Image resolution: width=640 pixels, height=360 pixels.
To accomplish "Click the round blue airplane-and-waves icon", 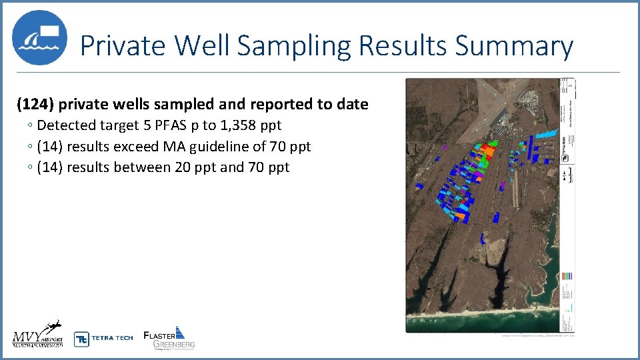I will tap(39, 37).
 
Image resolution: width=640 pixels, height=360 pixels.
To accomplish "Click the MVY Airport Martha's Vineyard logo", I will tap(37, 333).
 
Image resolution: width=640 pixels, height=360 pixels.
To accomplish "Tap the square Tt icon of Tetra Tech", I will tap(81, 339).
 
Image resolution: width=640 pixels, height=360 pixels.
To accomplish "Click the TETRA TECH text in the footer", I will tap(112, 338).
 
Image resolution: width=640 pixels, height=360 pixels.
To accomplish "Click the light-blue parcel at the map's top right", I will tap(547, 134).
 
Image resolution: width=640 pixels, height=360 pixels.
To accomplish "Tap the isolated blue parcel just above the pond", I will tap(484, 237).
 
